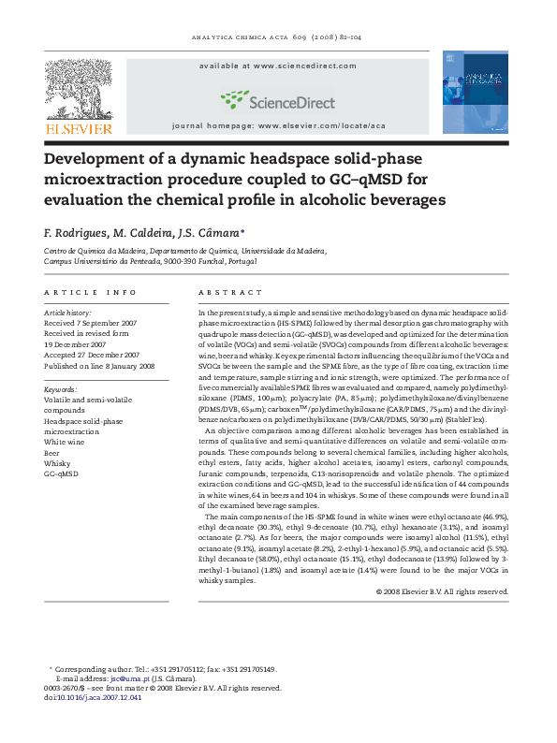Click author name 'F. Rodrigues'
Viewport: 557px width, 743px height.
pos(77,232)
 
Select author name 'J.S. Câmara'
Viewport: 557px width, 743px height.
pos(213,232)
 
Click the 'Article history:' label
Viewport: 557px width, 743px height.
pos(68,312)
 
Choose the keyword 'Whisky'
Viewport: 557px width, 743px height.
pos(57,463)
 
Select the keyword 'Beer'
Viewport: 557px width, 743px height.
pos(53,452)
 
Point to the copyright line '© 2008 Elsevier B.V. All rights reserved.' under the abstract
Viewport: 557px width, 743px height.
pos(442,591)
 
